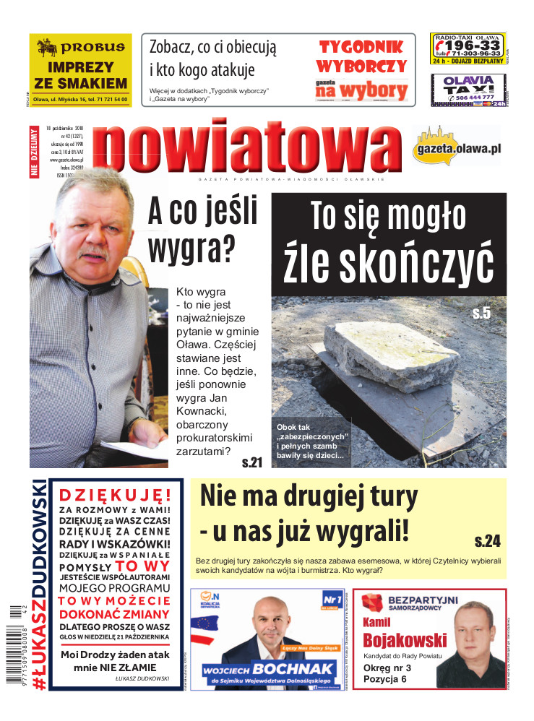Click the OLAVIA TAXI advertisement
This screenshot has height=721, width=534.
(468, 91)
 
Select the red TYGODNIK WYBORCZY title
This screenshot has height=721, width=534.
(362, 57)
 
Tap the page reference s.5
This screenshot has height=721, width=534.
(481, 313)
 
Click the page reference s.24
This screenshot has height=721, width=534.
(488, 540)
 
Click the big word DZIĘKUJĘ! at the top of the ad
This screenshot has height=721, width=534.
(115, 495)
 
